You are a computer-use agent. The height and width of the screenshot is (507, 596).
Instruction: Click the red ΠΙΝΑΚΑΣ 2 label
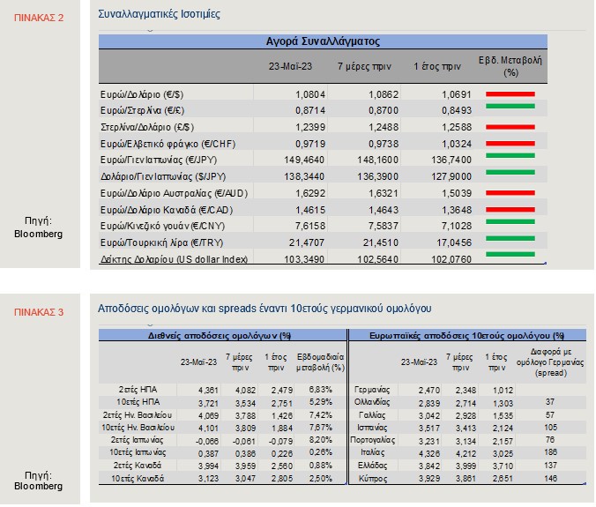click(39, 18)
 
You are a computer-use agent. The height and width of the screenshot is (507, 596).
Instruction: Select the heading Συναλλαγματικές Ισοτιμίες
click(159, 14)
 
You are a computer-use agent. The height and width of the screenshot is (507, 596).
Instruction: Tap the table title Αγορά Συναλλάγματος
click(323, 41)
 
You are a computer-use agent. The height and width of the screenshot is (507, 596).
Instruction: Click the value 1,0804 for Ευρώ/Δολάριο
click(310, 94)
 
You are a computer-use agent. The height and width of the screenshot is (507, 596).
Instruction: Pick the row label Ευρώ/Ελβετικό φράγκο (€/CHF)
click(168, 144)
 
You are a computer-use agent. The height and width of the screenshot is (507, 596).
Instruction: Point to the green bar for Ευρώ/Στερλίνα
click(510, 107)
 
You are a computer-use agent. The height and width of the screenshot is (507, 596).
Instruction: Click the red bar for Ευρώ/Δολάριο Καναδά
click(510, 210)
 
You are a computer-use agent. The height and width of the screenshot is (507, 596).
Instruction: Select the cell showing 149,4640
click(304, 160)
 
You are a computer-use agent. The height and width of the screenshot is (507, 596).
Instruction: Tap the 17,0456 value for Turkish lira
click(451, 242)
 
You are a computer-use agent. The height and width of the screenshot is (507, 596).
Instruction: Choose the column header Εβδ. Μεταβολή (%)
click(510, 66)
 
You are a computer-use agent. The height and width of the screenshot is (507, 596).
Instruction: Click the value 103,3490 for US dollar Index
click(304, 259)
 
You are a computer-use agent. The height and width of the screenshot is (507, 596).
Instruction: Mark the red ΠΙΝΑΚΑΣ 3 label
click(39, 312)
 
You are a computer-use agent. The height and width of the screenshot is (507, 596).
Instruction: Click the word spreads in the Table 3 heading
click(237, 309)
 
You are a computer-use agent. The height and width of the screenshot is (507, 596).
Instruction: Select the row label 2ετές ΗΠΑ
click(138, 390)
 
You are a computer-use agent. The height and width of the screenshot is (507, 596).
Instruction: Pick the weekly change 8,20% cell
click(320, 440)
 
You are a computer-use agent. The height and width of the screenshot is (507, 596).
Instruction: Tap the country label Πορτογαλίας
click(372, 440)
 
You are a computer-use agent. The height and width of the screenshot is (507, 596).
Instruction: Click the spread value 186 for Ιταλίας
click(550, 451)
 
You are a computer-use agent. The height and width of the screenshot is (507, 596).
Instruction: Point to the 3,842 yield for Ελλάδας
click(429, 466)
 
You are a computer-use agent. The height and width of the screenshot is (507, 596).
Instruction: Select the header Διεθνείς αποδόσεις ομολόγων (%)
click(220, 336)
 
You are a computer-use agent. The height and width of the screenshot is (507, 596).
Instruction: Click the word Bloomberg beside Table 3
click(39, 486)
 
